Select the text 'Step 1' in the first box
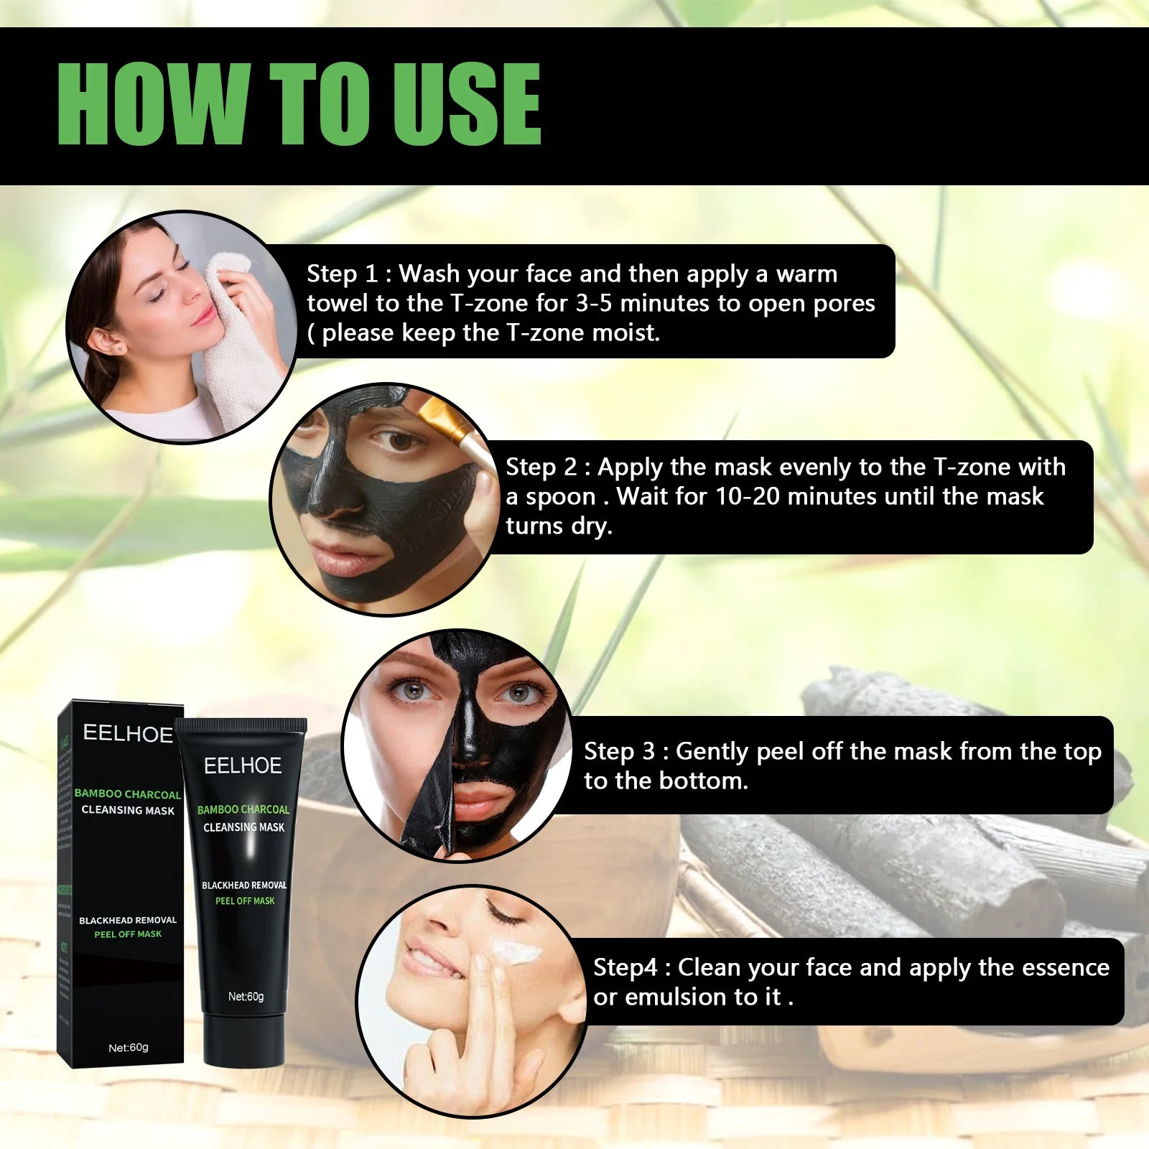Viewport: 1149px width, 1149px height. click(x=341, y=274)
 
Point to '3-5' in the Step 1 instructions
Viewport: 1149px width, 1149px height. click(x=593, y=303)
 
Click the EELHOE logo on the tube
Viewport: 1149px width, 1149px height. click(x=243, y=766)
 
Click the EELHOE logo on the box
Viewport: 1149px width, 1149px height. click(x=128, y=733)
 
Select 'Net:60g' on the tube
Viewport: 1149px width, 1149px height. click(x=246, y=996)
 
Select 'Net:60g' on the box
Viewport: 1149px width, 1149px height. click(x=128, y=1048)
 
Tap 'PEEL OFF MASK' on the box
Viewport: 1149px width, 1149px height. click(x=128, y=934)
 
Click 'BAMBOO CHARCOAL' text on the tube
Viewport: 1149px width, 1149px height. click(x=243, y=809)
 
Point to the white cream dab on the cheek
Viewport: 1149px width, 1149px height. click(x=515, y=954)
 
